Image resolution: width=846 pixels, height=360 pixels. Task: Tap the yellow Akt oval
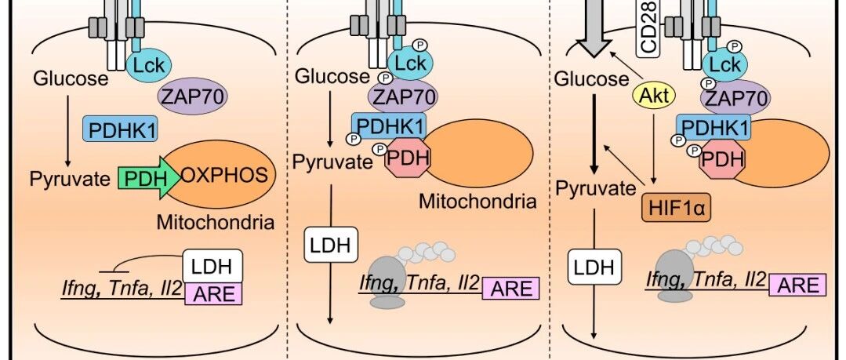653,96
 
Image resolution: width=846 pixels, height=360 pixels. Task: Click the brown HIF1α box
676,207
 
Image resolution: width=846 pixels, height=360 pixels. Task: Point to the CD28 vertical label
650,28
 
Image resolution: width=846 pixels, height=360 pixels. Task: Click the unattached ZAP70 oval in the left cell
193,98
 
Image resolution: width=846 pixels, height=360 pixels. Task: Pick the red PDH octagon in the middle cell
408,158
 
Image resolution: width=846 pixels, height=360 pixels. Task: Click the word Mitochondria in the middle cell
478,202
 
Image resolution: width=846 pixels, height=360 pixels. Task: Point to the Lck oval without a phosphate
149,64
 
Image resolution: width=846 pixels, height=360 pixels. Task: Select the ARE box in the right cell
797,285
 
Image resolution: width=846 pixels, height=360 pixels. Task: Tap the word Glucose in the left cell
71,78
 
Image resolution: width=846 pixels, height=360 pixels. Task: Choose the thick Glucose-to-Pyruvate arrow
594,134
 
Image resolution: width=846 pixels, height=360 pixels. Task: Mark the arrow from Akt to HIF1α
653,148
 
